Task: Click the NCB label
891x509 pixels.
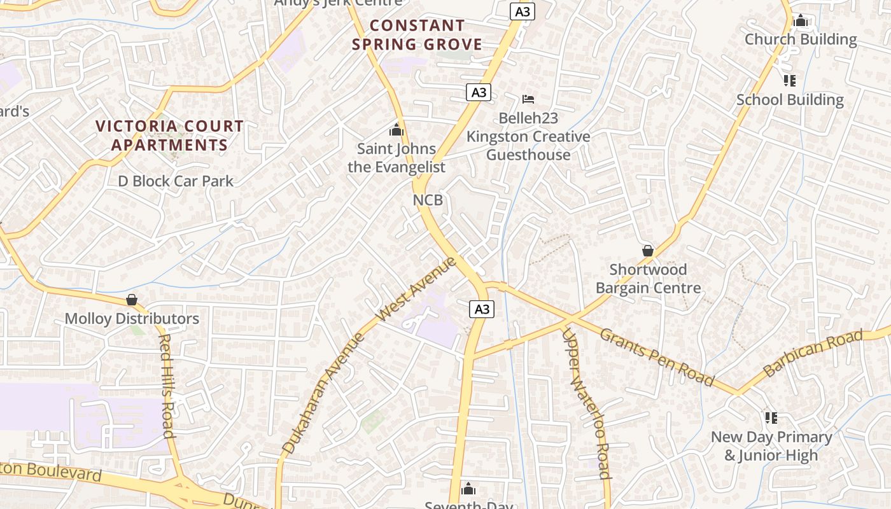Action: click(x=428, y=200)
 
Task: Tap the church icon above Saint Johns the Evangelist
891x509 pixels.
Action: click(x=396, y=130)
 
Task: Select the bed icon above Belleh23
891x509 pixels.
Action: click(x=528, y=99)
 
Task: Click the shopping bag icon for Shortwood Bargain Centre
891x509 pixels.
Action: click(x=648, y=251)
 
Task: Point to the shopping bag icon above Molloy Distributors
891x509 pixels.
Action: click(x=132, y=299)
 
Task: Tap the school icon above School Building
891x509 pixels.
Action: click(x=789, y=81)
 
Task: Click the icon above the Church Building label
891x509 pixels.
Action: click(x=801, y=21)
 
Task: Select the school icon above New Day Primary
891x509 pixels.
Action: click(x=771, y=418)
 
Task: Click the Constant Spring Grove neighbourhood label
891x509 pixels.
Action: click(x=417, y=35)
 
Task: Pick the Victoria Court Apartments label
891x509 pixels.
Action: click(x=169, y=136)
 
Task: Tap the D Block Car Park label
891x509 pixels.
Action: click(x=176, y=181)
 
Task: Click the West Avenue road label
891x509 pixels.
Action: click(x=416, y=289)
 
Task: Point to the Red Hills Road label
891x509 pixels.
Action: click(x=166, y=386)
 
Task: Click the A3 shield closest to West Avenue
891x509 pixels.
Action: click(x=482, y=309)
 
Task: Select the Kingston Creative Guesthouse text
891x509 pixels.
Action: click(x=528, y=146)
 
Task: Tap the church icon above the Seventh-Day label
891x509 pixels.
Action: click(x=468, y=489)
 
